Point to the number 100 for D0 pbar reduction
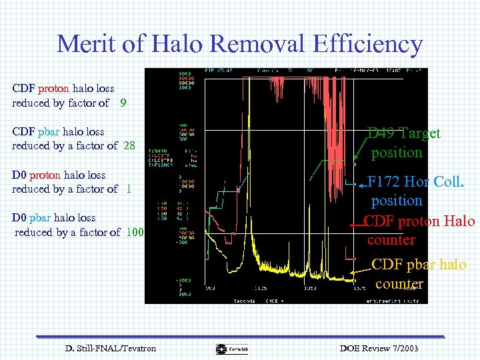(x=135, y=232)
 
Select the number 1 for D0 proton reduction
(x=128, y=189)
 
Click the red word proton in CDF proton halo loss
(x=53, y=88)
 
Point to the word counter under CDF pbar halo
(x=399, y=283)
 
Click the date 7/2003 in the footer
(x=400, y=348)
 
